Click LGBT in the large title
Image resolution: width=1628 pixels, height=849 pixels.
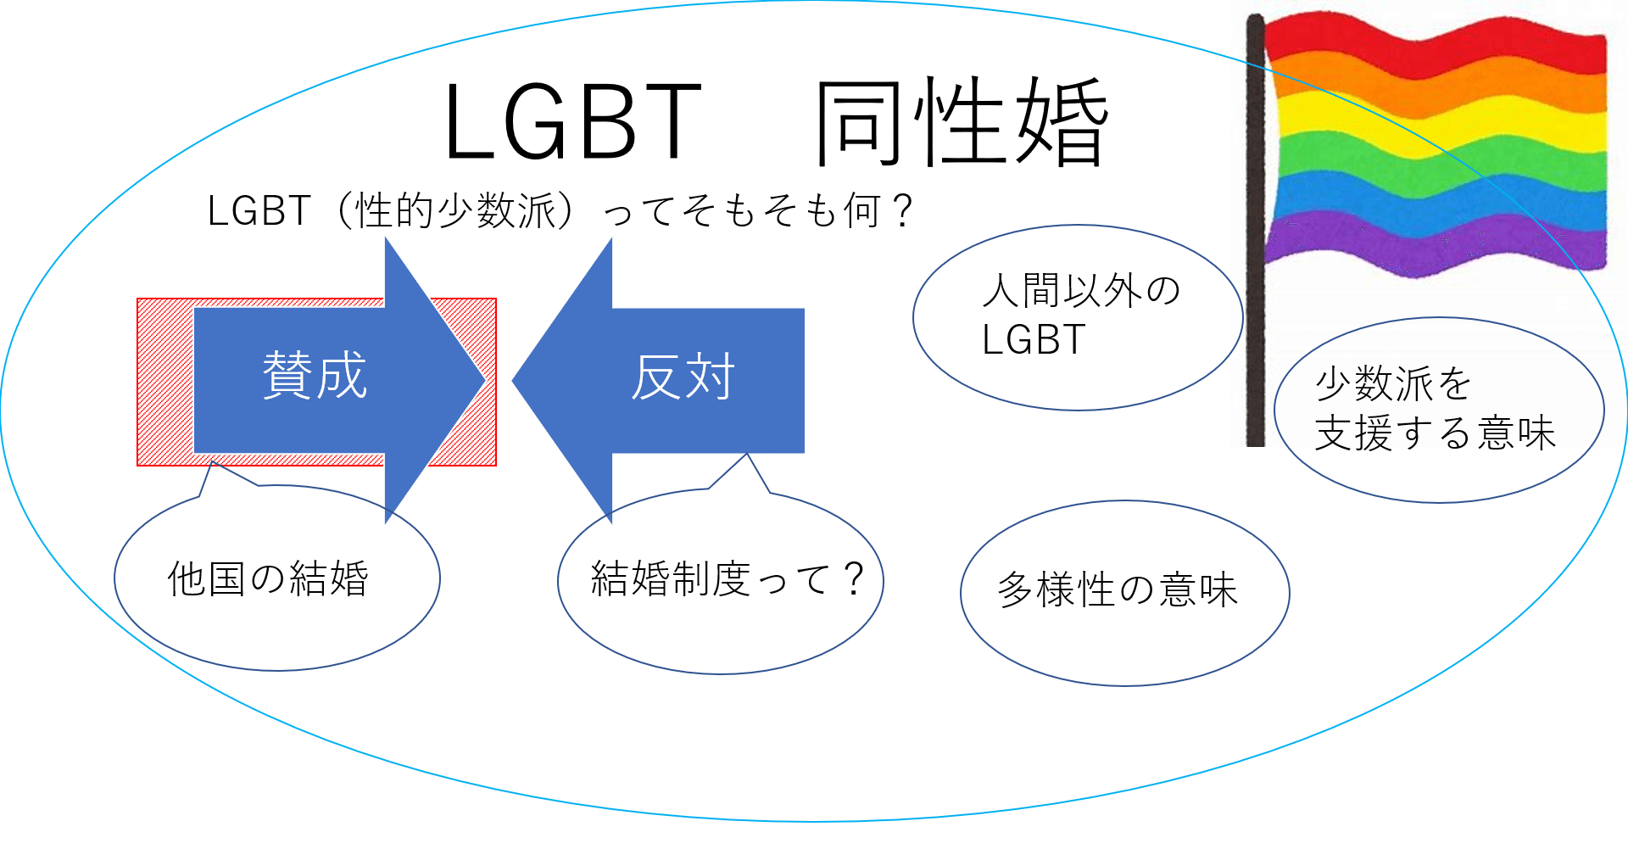572,123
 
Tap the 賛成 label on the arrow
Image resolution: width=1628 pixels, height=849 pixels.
315,375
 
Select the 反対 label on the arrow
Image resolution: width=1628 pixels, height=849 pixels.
683,377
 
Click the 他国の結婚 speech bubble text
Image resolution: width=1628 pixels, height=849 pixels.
268,579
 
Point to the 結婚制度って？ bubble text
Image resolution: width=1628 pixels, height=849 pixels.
727,579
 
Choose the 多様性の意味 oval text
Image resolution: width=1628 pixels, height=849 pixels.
1117,589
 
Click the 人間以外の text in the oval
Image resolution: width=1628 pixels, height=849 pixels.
1081,291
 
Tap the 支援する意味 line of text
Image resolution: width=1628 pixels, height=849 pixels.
1435,433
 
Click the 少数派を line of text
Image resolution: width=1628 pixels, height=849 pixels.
1393,383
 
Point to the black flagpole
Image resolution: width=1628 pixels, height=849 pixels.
1255,254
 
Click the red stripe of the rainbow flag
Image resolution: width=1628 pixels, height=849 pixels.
1433,42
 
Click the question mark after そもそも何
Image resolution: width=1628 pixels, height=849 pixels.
903,210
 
